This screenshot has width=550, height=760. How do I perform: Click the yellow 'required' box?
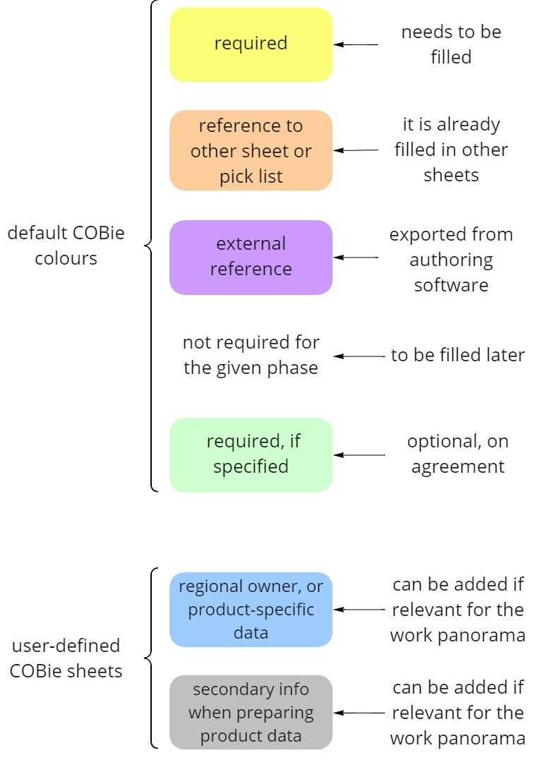pyautogui.click(x=251, y=44)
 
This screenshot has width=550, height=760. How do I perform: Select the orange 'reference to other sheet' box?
pyautogui.click(x=251, y=150)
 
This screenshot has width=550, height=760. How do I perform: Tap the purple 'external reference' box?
pyautogui.click(x=251, y=257)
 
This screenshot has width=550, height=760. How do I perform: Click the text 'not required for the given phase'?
pyautogui.click(x=251, y=356)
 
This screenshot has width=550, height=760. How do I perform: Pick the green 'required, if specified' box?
pyautogui.click(x=251, y=454)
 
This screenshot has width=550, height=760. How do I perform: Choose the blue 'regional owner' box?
pyautogui.click(x=251, y=610)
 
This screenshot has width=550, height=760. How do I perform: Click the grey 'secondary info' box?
pyautogui.click(x=251, y=712)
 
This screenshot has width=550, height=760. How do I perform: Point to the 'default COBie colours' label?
pyautogui.click(x=66, y=245)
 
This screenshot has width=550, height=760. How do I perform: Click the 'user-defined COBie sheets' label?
pyautogui.click(x=66, y=658)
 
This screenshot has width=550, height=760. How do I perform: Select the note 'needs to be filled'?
pyautogui.click(x=450, y=44)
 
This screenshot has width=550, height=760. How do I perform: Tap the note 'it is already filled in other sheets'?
pyautogui.click(x=450, y=150)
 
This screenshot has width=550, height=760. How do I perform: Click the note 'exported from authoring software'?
pyautogui.click(x=450, y=260)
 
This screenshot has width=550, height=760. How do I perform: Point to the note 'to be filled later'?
pyautogui.click(x=458, y=356)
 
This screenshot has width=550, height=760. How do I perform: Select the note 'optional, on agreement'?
pyautogui.click(x=458, y=454)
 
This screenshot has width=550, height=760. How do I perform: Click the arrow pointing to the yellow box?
pyautogui.click(x=357, y=44)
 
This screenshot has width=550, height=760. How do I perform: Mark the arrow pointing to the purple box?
pyautogui.click(x=357, y=258)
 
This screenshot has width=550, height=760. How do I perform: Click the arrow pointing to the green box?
pyautogui.click(x=359, y=455)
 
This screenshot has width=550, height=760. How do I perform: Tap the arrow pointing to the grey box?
pyautogui.click(x=359, y=713)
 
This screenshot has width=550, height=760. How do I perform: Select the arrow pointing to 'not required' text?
pyautogui.click(x=359, y=356)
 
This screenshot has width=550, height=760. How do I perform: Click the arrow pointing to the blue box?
pyautogui.click(x=359, y=610)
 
